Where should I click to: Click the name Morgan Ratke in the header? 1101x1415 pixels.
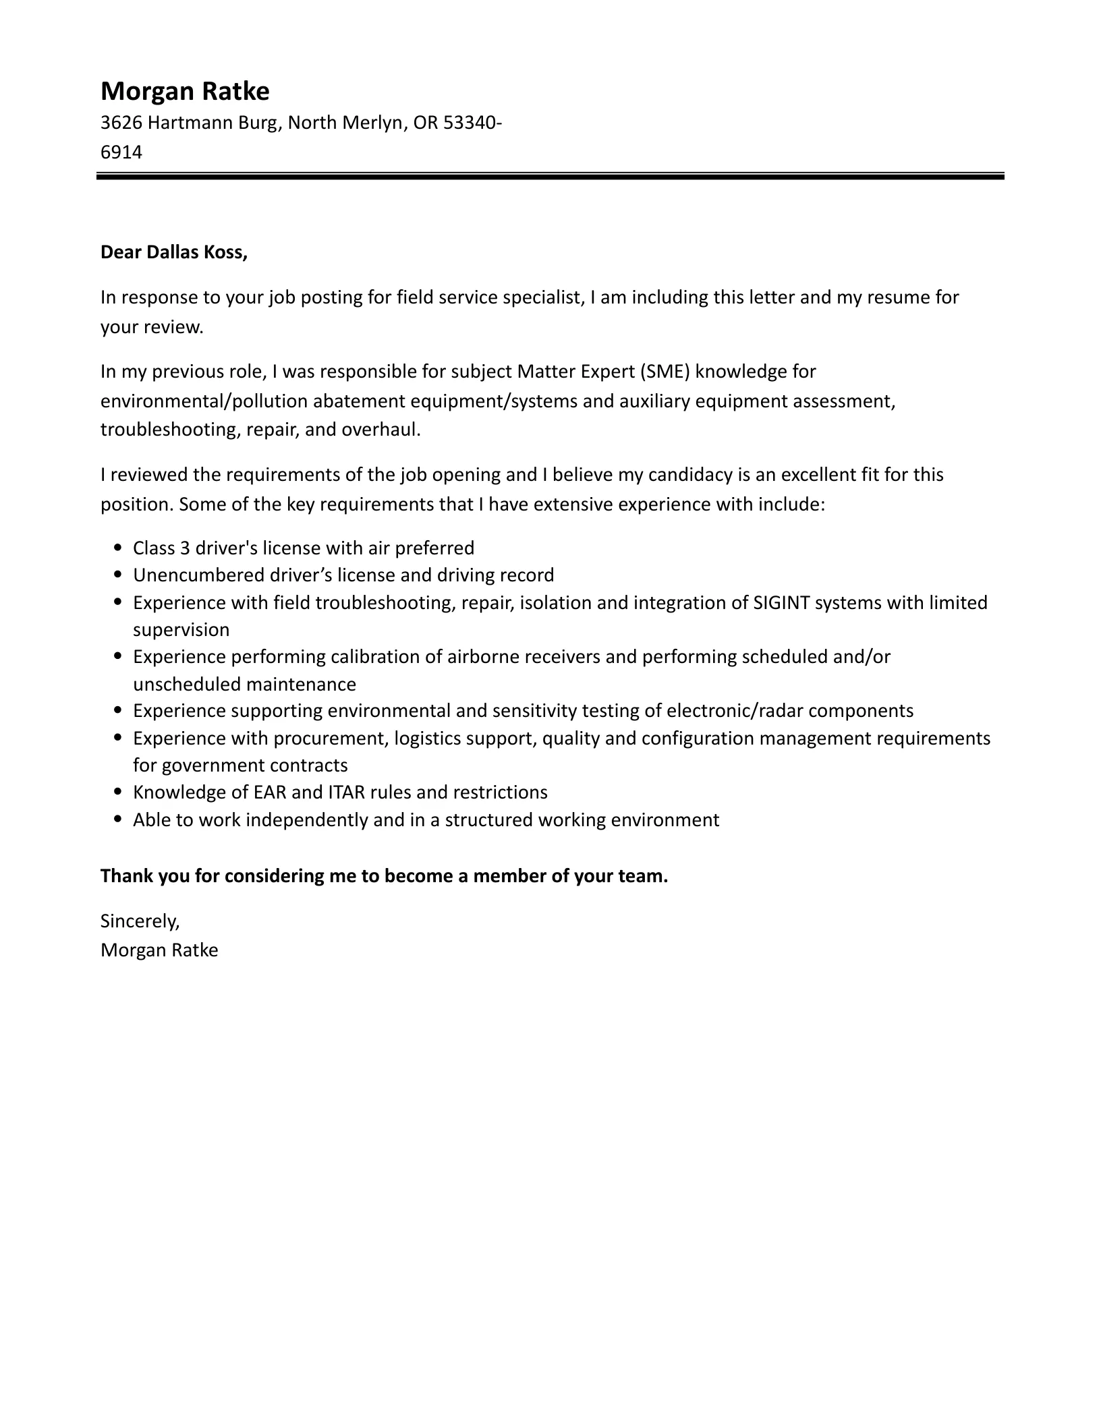coord(185,91)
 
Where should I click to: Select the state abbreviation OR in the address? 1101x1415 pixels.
coord(425,123)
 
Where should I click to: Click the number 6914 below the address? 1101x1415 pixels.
coord(121,152)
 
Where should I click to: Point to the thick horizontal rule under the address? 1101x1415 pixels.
coord(550,177)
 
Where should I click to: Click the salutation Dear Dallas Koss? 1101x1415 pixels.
coord(174,252)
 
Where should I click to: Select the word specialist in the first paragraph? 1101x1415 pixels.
coord(542,297)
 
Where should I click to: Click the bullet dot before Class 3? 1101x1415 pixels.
coord(119,548)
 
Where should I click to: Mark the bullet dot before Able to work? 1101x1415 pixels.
coord(119,820)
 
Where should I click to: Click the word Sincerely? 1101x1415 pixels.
coord(140,921)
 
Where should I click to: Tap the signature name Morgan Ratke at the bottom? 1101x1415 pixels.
coord(159,950)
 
